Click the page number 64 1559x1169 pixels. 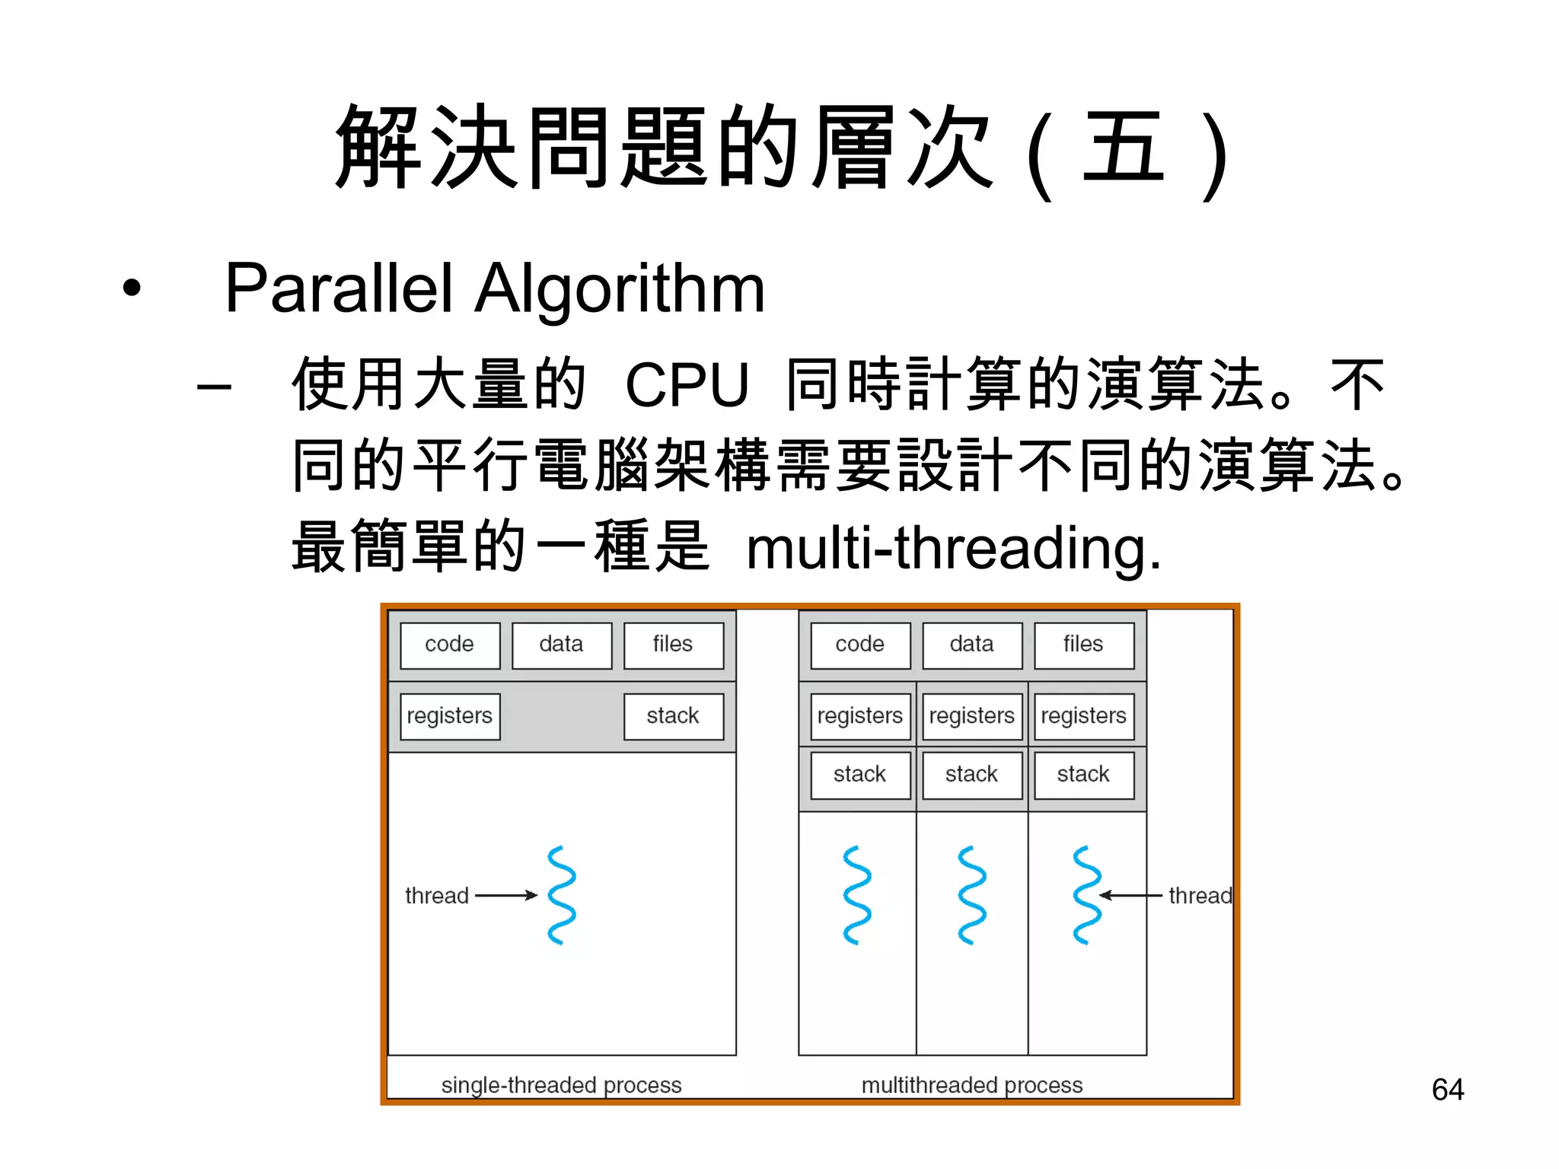(1447, 1090)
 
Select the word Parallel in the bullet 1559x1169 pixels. (339, 288)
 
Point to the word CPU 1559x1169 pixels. (687, 384)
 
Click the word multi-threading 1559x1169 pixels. (953, 548)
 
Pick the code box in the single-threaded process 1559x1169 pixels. (450, 645)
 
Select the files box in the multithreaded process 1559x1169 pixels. (1083, 645)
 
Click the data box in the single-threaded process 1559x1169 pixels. (561, 645)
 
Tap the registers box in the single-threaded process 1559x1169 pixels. (450, 716)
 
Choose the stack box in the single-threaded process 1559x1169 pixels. (673, 716)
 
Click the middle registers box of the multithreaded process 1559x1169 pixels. (971, 716)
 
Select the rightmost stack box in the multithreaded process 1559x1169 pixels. (1083, 775)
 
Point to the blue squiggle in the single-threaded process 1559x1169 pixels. (562, 895)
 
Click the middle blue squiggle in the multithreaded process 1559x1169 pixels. (971, 895)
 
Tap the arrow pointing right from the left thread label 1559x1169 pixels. (506, 896)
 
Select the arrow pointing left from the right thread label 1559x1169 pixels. (1130, 896)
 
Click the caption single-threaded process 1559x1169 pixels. (561, 1085)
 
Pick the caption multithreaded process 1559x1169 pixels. (971, 1085)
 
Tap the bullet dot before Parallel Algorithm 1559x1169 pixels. (132, 288)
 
